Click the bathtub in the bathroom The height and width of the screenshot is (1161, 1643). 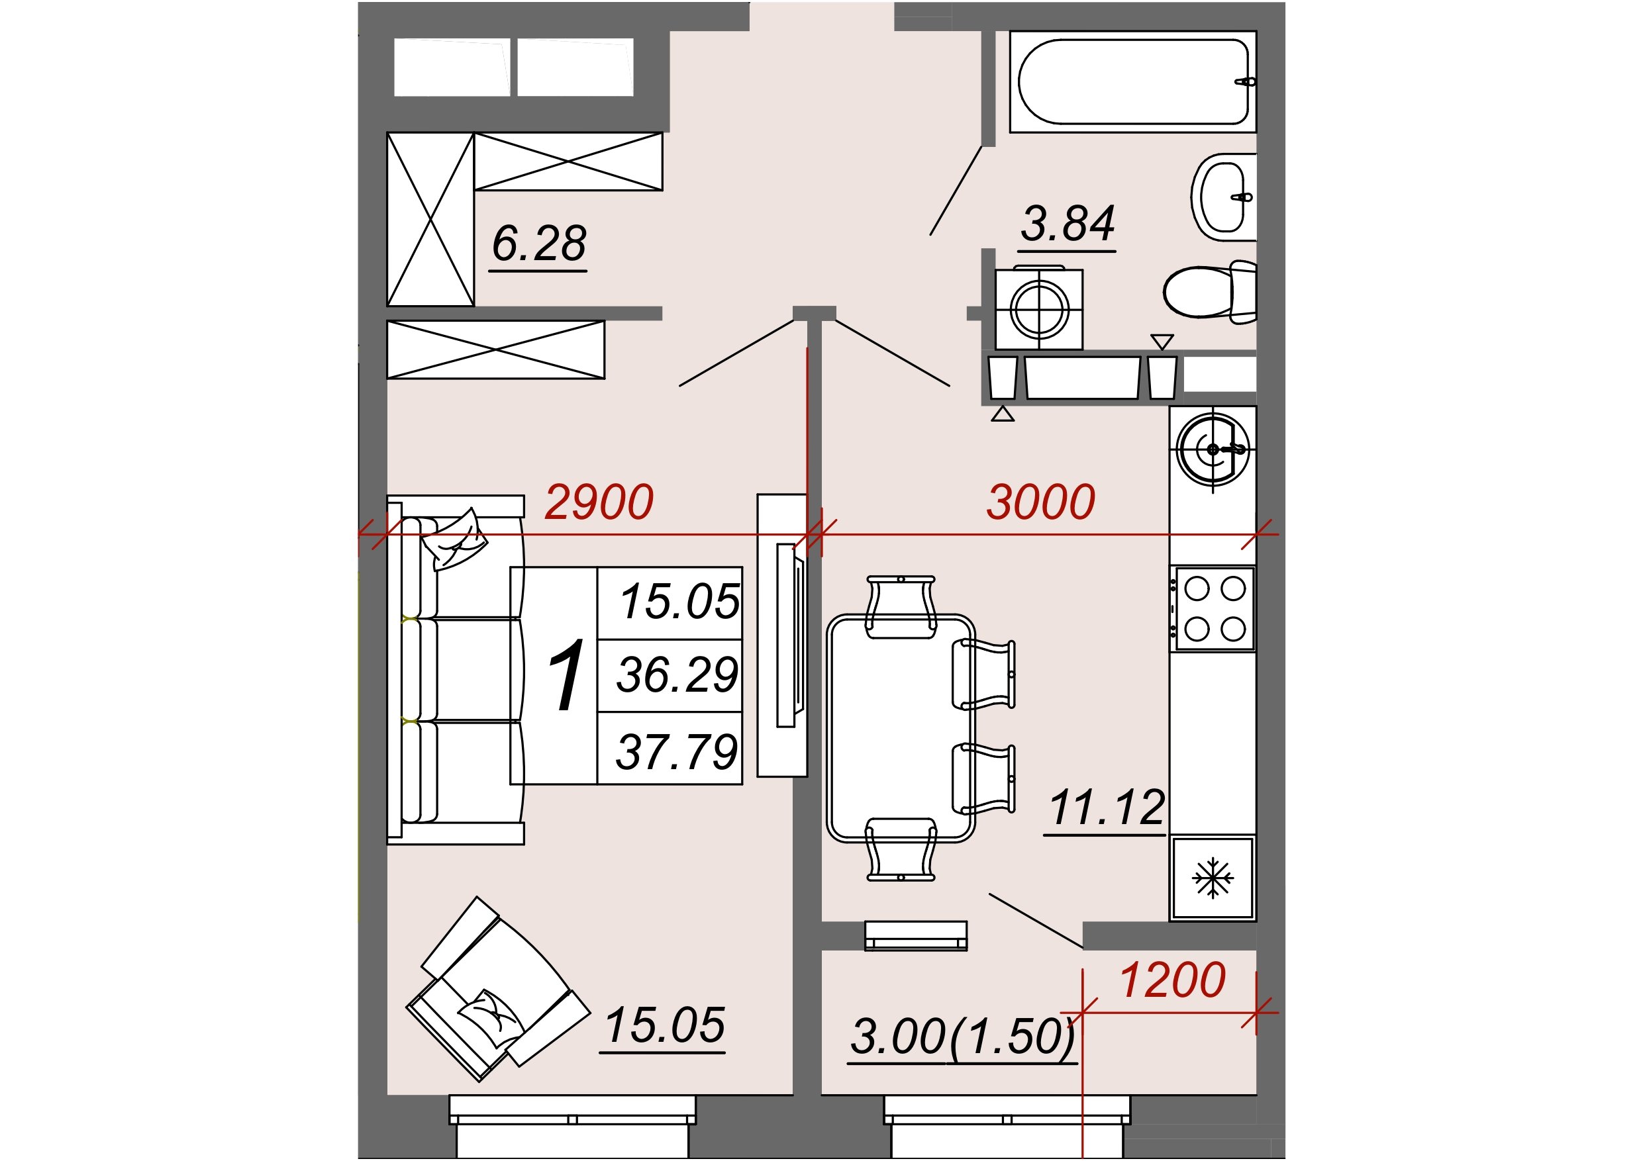1133,81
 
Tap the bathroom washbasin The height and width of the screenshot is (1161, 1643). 1224,196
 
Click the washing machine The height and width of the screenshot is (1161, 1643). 1039,309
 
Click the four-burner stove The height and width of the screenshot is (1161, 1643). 1212,609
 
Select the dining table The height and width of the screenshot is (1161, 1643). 901,728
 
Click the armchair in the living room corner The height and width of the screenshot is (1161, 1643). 498,990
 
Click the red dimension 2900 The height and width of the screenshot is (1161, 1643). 599,502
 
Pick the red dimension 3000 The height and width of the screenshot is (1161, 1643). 1040,502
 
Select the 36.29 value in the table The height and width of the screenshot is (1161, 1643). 677,674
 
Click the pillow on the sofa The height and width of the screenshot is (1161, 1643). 454,540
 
